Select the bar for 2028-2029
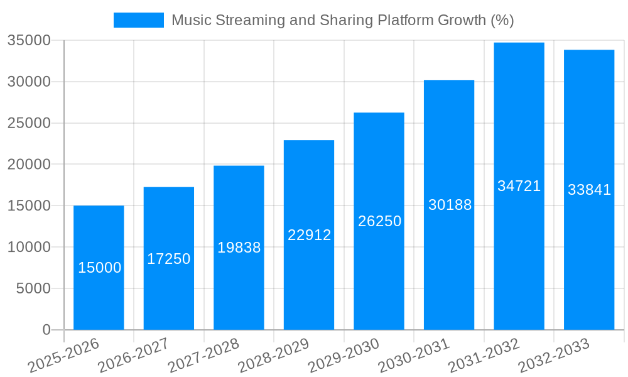coord(309,283)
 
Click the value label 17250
coord(169,259)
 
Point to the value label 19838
coord(239,248)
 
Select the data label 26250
coord(379,221)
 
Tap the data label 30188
coord(450,205)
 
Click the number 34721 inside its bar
coord(519,186)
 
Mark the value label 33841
coord(589,190)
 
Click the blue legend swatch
coord(138,20)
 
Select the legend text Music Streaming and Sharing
coord(342,20)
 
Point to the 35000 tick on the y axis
coord(29,41)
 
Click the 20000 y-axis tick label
coord(29,165)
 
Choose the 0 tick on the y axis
coord(46,330)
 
